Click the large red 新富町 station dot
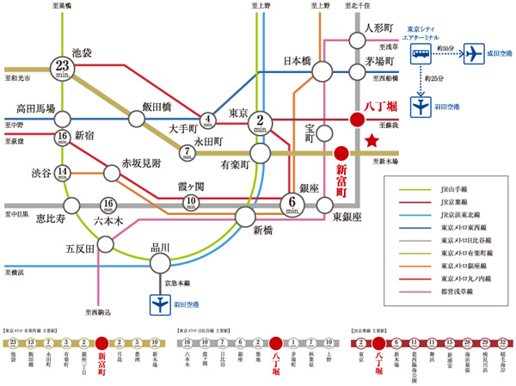pos(341,151)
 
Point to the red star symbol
pos(372,140)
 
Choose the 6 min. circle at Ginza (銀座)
pos(293,205)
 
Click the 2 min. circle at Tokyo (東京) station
pos(260,122)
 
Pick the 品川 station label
pos(160,249)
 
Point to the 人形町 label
pos(379,27)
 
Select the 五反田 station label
pos(80,250)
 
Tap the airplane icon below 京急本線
pos(160,303)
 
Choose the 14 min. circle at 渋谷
pos(63,172)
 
